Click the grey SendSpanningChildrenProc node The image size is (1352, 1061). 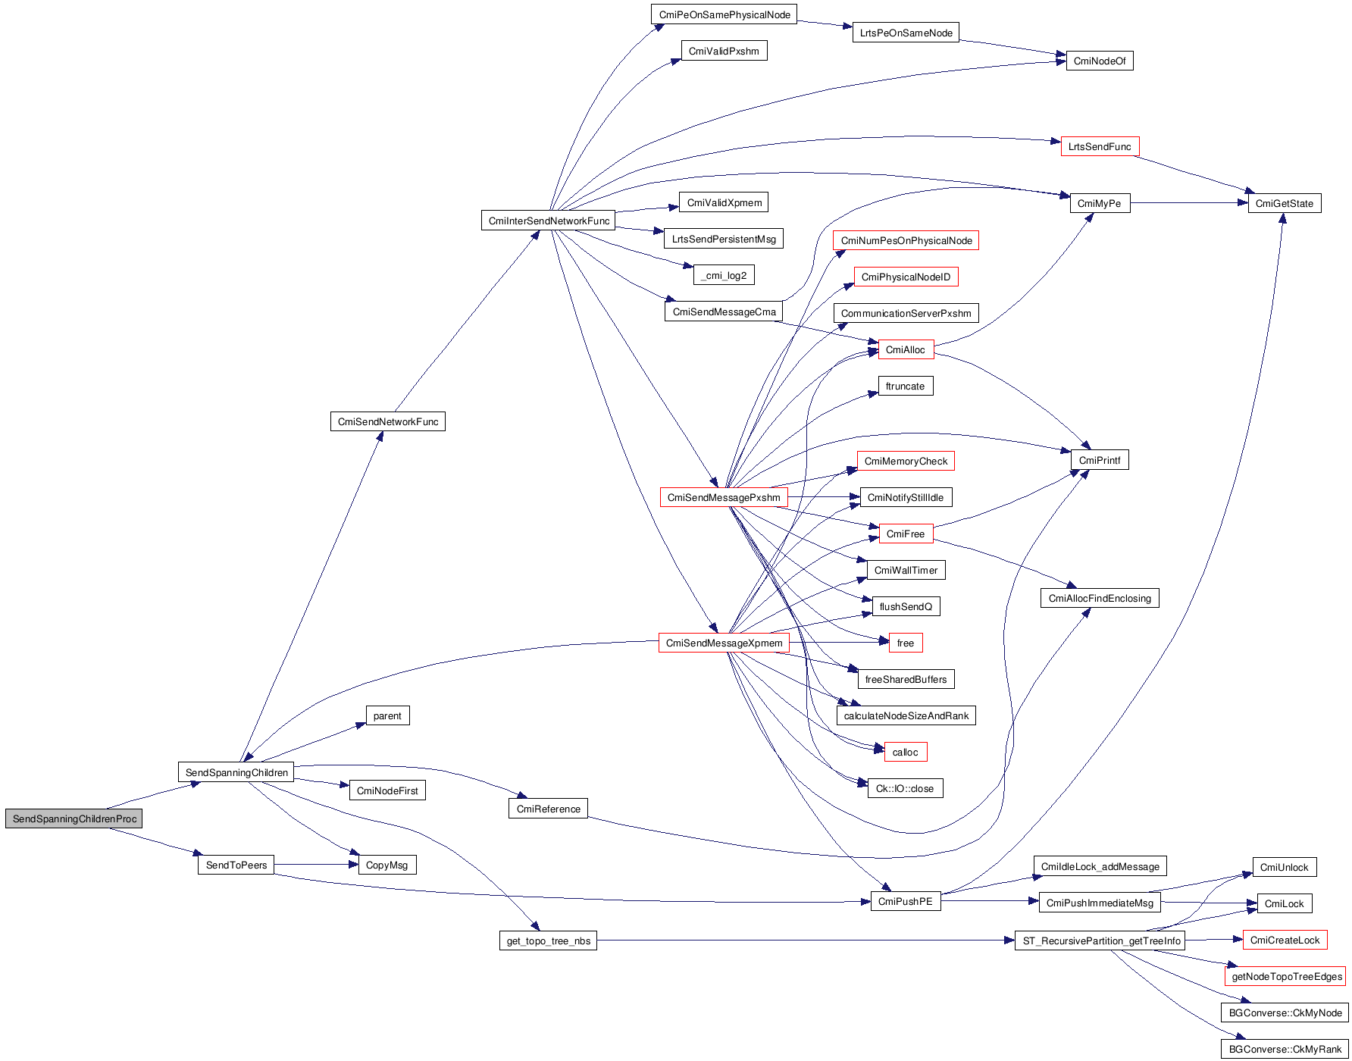74,818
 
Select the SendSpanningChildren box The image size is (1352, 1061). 236,772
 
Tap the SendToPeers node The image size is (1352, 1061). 236,865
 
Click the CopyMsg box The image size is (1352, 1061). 387,865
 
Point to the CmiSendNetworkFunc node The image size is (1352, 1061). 387,421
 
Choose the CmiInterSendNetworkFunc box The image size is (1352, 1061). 549,221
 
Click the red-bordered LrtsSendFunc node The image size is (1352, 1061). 1099,146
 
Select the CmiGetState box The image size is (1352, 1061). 1284,203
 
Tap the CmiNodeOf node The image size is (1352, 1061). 1099,61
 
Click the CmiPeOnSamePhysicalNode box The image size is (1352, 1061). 724,14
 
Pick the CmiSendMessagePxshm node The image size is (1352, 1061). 724,497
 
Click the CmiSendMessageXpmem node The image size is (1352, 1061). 724,643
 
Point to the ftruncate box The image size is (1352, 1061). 905,386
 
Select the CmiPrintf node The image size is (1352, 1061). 1099,460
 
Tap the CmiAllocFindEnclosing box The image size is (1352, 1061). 1099,598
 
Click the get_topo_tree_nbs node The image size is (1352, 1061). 548,941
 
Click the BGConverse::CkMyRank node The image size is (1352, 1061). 1285,1049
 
